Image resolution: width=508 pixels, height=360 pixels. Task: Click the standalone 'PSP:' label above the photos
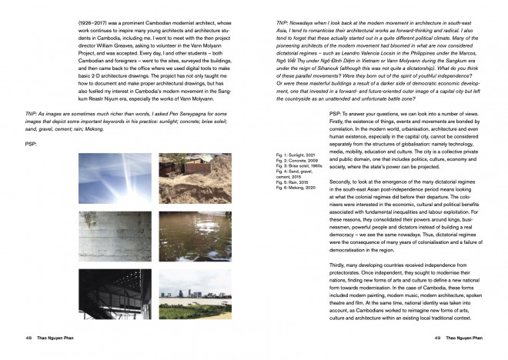pyautogui.click(x=31, y=143)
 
